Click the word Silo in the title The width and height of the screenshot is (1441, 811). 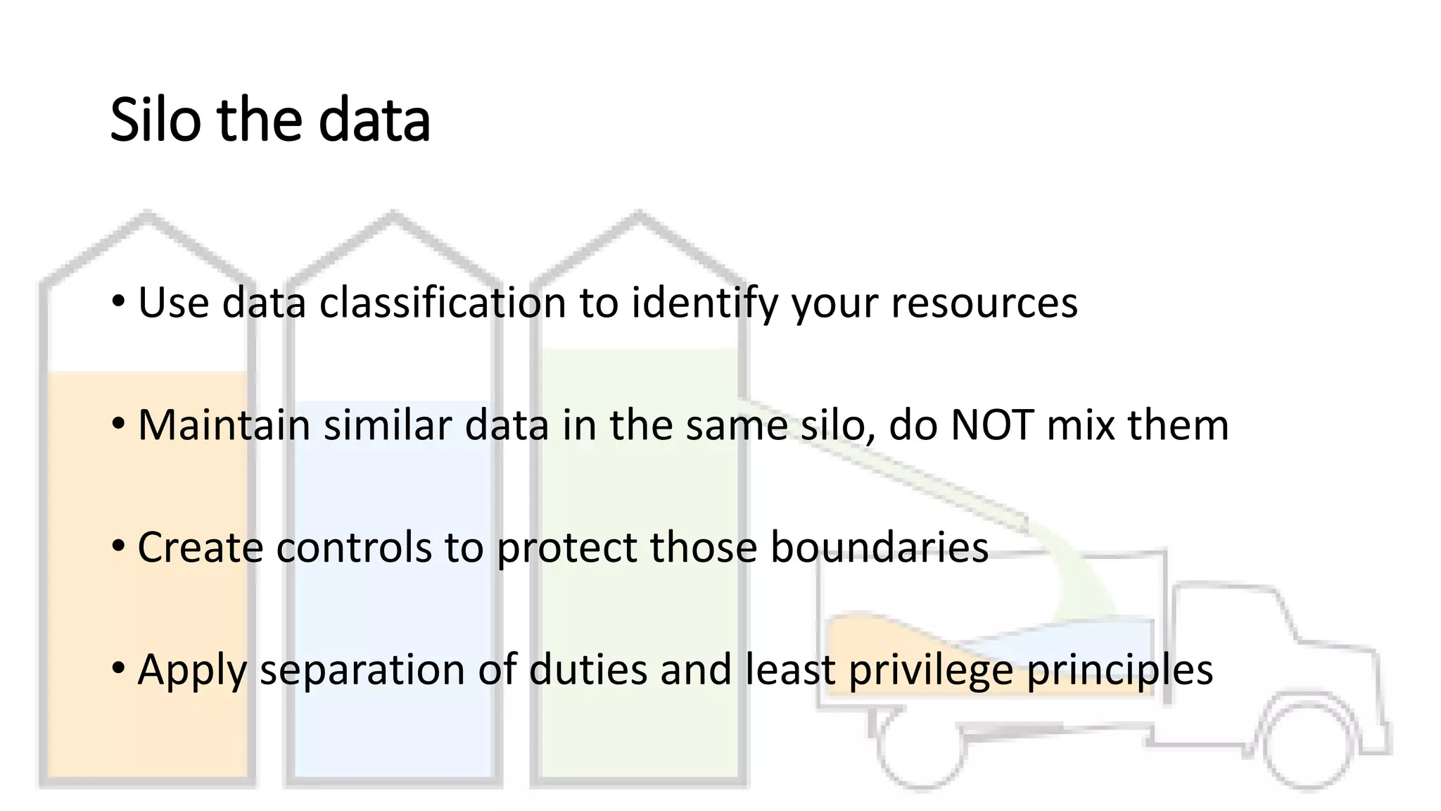point(155,120)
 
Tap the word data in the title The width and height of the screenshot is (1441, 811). point(374,120)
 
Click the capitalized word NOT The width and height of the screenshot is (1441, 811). point(991,425)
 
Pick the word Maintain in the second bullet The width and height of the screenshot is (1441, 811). point(224,425)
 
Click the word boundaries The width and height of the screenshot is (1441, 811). point(880,547)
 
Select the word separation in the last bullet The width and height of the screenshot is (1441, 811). point(362,670)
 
